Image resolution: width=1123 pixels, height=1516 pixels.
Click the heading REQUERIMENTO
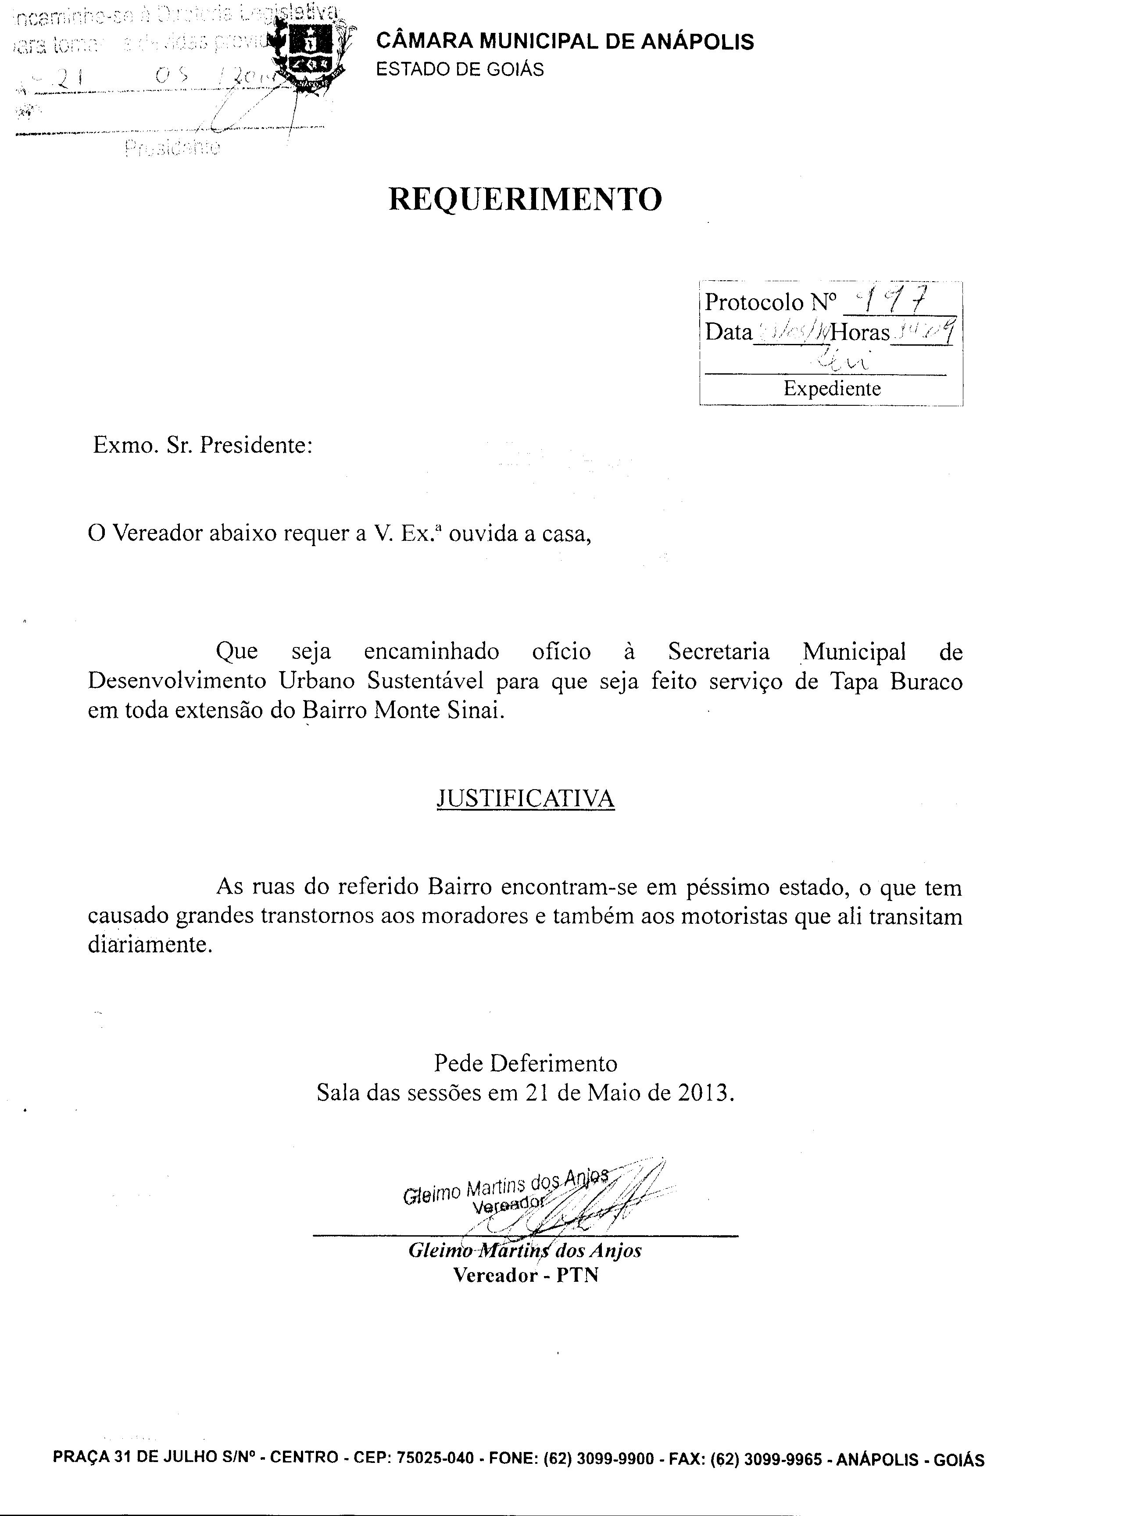click(525, 199)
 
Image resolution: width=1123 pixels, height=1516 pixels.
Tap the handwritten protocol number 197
click(894, 299)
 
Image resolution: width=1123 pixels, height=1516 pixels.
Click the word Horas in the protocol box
click(861, 333)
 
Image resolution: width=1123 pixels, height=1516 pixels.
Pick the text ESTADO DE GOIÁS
click(460, 69)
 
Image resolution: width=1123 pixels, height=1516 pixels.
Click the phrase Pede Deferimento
click(526, 1062)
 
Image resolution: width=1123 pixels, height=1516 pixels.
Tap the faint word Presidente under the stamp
click(173, 147)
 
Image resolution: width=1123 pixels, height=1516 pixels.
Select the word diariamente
click(150, 945)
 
